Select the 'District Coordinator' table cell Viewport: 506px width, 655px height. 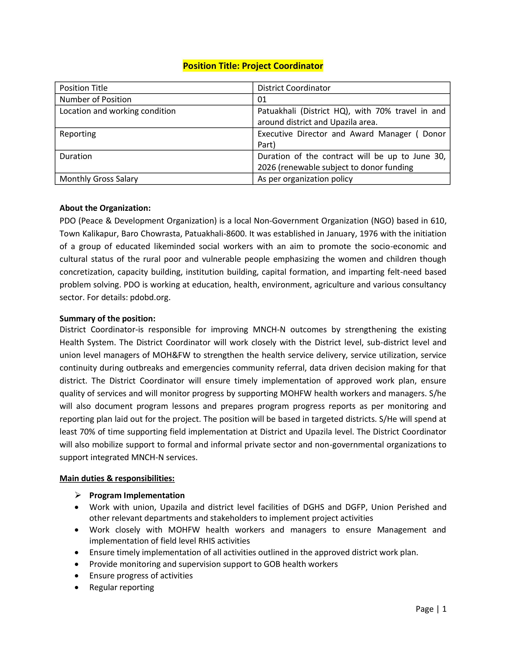(294, 88)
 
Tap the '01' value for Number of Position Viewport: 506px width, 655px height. (262, 99)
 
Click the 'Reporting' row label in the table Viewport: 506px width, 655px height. (78, 134)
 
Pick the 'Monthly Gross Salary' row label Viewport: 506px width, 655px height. (99, 179)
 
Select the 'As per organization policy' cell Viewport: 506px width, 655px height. (305, 179)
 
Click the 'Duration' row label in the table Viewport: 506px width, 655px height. (76, 156)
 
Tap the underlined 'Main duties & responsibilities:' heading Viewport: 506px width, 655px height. (117, 478)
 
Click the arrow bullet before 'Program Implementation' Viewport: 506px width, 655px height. (78, 495)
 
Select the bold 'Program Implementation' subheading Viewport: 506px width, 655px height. (137, 495)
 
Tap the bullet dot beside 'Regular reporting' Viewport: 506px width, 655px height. (77, 587)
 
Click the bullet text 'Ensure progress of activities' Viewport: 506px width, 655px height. (141, 576)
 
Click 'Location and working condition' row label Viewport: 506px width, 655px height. (117, 111)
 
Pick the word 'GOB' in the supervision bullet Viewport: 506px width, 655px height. (272, 564)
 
